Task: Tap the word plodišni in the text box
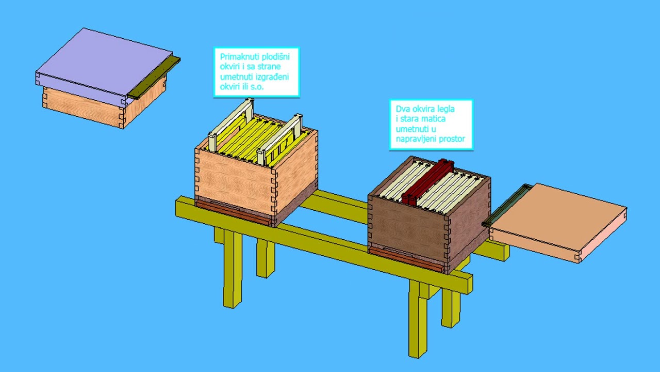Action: (276, 56)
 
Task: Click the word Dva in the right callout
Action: (403, 109)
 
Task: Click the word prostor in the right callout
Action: (452, 139)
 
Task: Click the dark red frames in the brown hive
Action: (428, 181)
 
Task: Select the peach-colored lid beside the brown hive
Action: (557, 222)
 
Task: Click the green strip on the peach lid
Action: (506, 204)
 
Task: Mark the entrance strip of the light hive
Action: (234, 212)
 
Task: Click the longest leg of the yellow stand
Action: (418, 319)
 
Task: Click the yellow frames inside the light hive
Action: (259, 139)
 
